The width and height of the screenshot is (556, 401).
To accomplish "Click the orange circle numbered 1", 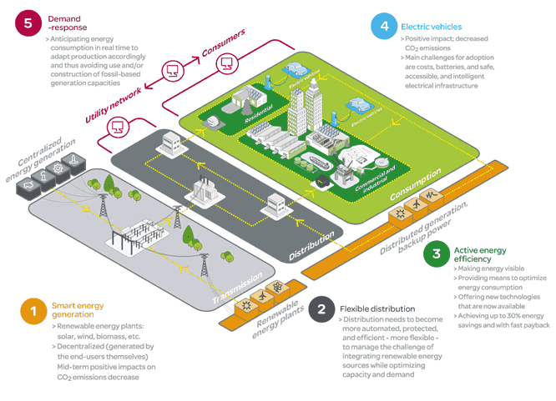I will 33,312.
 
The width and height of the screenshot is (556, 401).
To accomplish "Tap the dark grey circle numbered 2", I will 321,310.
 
